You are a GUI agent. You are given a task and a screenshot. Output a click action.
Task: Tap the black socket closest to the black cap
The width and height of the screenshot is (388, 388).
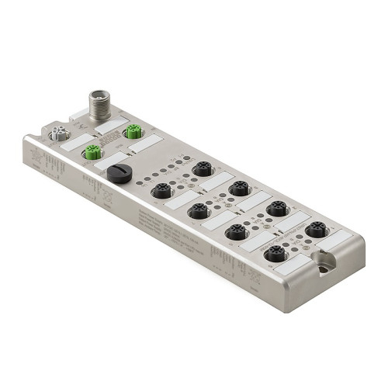click(161, 190)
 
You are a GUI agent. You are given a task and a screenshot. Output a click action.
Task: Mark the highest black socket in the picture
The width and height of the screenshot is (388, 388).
click(202, 168)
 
